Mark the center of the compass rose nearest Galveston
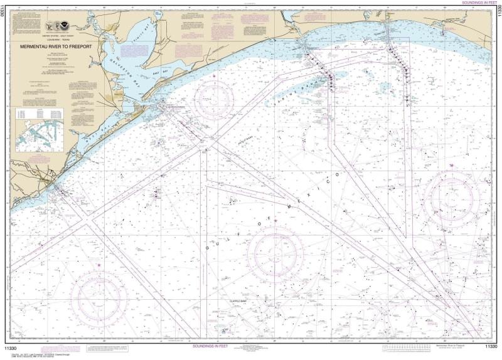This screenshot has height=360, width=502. point(213,100)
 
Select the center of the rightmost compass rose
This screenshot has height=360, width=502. point(452,199)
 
